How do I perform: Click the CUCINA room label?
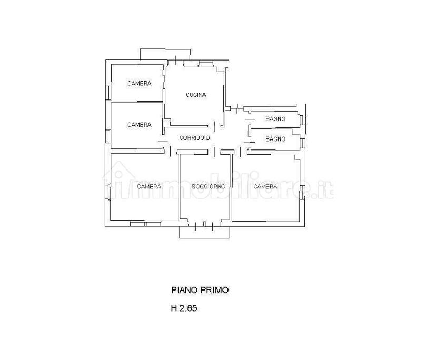tap(196, 95)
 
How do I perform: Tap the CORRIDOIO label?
tap(194, 138)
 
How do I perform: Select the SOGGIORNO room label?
tap(209, 186)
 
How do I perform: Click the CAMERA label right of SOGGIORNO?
tap(265, 186)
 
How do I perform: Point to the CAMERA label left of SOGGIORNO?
tap(149, 186)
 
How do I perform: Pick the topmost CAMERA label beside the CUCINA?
tap(140, 83)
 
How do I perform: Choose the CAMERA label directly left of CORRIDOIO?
tap(140, 125)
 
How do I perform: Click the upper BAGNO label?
tap(275, 119)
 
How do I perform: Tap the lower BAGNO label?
tap(275, 139)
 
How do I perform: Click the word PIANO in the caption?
tap(184, 290)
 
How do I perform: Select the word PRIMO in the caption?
tap(215, 290)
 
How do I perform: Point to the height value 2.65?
tap(188, 308)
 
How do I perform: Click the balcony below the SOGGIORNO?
tap(205, 233)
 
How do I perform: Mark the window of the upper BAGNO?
tap(303, 120)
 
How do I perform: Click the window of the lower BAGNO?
tap(303, 143)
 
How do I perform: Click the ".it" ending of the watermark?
tap(325, 191)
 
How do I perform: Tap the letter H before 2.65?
tap(174, 308)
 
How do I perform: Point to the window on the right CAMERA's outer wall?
tap(303, 193)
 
